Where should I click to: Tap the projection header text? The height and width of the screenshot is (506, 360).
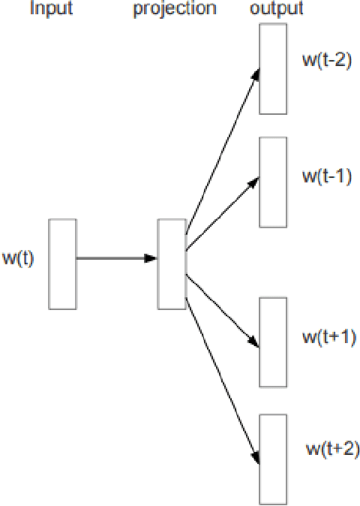coord(175,10)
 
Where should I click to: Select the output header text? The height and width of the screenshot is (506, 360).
coord(277,9)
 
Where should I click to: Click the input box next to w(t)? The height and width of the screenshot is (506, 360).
coord(62,264)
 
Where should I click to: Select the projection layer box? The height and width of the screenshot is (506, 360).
coord(171,264)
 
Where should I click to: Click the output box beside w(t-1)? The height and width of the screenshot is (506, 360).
coord(272,182)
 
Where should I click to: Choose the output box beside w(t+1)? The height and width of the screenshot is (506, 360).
coord(272,342)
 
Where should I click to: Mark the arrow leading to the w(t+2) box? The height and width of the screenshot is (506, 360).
coord(221,368)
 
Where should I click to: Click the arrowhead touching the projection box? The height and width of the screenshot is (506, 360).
coord(151,258)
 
